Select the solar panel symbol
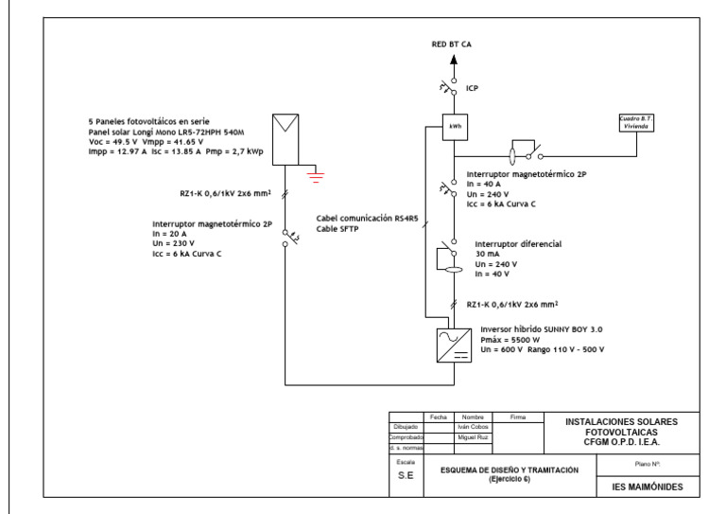285,133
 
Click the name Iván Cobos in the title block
470,428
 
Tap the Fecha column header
439,417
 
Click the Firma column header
517,417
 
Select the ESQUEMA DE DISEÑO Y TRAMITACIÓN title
511,470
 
